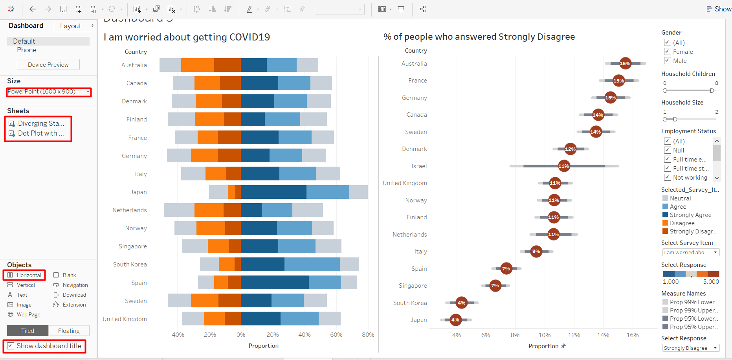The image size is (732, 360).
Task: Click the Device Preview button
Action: point(48,65)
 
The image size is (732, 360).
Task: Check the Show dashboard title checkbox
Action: point(11,346)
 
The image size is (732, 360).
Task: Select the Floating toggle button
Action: point(69,331)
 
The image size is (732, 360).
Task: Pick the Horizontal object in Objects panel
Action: point(24,275)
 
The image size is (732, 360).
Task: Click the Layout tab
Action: point(71,26)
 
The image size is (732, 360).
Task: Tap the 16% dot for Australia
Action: point(625,63)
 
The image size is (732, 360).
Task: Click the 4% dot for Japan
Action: point(455,320)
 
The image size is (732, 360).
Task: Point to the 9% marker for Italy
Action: point(536,252)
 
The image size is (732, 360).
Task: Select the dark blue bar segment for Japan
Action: point(273,192)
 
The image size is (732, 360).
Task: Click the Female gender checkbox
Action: point(667,51)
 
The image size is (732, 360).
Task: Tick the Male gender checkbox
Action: point(667,61)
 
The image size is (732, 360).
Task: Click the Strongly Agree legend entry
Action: point(690,215)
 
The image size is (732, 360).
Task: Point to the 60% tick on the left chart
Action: point(336,335)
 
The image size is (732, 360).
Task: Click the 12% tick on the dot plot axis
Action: point(574,335)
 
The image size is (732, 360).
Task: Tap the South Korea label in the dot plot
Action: point(410,303)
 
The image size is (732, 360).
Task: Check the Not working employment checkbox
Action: point(667,177)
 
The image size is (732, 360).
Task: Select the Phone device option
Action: point(26,50)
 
